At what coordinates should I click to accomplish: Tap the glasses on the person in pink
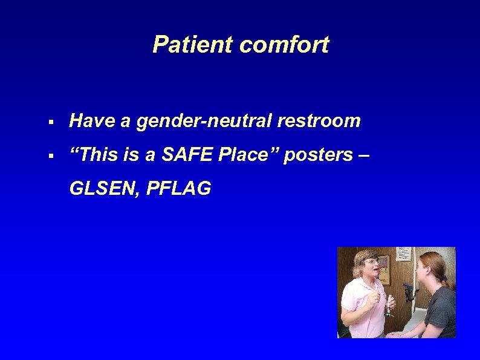click(369, 263)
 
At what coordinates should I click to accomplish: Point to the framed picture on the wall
click(383, 269)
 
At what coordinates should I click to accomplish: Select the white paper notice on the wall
click(403, 254)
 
